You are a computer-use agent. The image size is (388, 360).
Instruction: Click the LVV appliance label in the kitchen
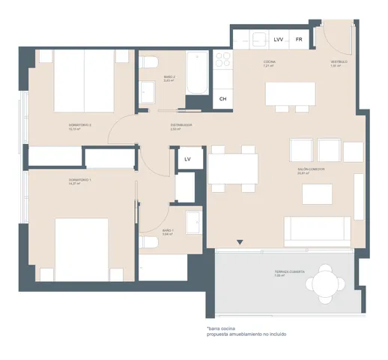279,38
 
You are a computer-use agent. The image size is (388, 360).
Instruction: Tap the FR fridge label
299,38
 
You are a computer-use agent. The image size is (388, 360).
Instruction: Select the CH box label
222,98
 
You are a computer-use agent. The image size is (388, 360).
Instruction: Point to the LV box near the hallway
187,158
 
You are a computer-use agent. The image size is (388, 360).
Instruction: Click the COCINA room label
270,62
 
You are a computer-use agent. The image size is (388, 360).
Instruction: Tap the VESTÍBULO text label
339,62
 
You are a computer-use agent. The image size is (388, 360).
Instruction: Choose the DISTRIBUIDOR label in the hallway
181,125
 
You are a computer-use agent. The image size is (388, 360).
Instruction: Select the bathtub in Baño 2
196,73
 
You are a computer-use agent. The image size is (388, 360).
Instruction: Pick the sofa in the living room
316,227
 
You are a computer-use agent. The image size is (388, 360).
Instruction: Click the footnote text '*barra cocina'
223,328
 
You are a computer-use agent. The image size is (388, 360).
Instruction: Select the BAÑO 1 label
168,231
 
